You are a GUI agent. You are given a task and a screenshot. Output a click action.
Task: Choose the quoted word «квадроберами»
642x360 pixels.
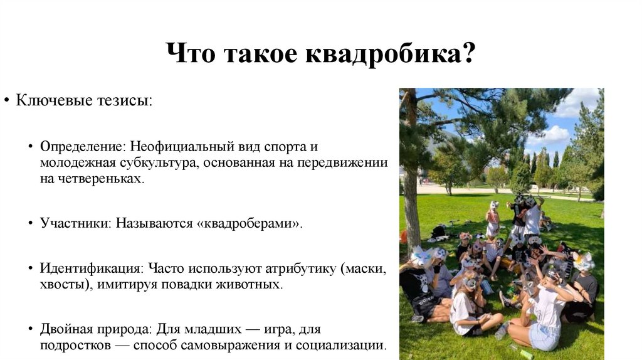[250, 224]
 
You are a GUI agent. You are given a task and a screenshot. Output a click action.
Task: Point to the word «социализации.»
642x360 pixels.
[348, 346]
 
